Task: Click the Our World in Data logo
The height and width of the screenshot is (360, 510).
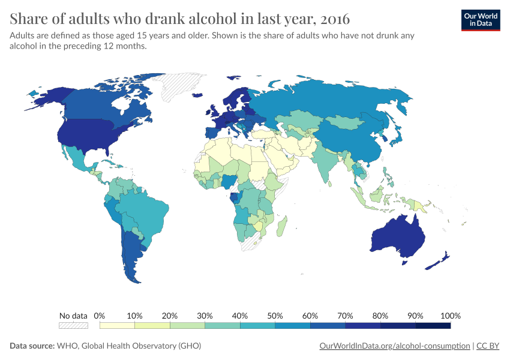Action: [480, 20]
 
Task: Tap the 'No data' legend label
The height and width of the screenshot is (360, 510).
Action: [73, 316]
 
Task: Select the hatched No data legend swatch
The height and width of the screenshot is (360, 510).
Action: [73, 325]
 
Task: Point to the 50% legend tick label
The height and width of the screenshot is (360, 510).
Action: [275, 316]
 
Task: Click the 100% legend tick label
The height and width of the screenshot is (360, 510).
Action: [450, 316]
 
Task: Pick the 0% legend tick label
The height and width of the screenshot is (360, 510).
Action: [100, 316]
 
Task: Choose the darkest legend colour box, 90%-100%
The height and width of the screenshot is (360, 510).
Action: [433, 325]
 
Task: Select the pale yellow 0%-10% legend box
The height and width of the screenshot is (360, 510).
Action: [117, 325]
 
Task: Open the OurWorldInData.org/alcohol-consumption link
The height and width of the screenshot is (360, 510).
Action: [395, 346]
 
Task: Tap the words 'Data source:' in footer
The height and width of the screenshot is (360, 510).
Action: [32, 346]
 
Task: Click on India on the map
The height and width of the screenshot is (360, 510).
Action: [328, 165]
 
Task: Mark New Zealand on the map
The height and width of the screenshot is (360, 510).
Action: [439, 261]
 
